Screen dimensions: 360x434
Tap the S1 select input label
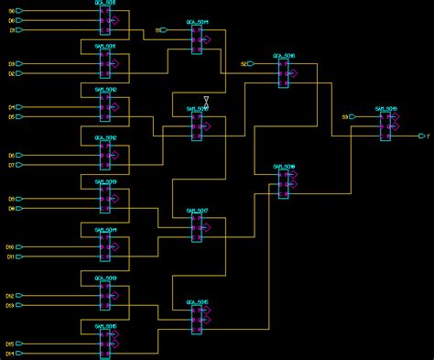pos(157,30)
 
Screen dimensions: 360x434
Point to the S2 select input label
pos(244,64)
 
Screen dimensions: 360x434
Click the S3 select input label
pos(345,117)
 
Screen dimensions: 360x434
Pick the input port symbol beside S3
pos(353,117)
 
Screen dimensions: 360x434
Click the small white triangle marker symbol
pos(206,100)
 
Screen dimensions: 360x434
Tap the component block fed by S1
pos(197,39)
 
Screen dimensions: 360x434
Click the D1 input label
pos(12,30)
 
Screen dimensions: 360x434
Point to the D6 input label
pos(12,156)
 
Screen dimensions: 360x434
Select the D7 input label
pos(12,165)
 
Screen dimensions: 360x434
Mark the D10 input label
pos(10,247)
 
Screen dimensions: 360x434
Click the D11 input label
pos(10,256)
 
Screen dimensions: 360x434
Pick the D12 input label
pos(10,296)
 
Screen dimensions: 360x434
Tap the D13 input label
pos(10,305)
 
